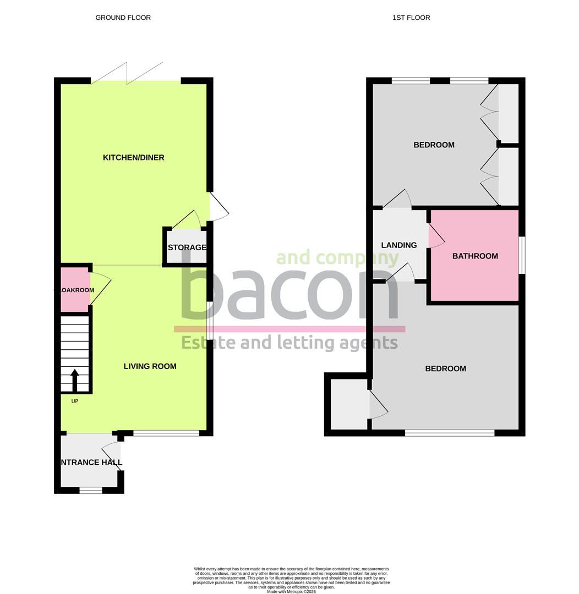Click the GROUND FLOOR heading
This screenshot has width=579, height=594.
tap(123, 18)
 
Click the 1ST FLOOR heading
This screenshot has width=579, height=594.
tap(411, 18)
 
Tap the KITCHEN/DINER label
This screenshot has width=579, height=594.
tap(134, 158)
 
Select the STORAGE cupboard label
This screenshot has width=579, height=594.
tap(187, 248)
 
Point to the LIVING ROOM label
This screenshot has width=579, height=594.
tap(150, 366)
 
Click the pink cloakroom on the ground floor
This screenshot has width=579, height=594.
tap(74, 290)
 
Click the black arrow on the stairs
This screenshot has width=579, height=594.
tap(75, 379)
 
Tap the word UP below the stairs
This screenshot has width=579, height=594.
tap(75, 401)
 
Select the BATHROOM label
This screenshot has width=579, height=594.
tap(475, 256)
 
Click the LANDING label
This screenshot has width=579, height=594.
tap(399, 245)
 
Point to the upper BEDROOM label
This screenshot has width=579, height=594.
tap(434, 145)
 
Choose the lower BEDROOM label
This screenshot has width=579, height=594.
tap(445, 369)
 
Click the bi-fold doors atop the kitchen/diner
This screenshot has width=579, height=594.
tap(128, 74)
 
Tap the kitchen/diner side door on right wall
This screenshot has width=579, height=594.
tap(218, 207)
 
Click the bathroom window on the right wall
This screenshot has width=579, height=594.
tap(522, 255)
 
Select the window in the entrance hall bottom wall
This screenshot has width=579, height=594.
tap(91, 490)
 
